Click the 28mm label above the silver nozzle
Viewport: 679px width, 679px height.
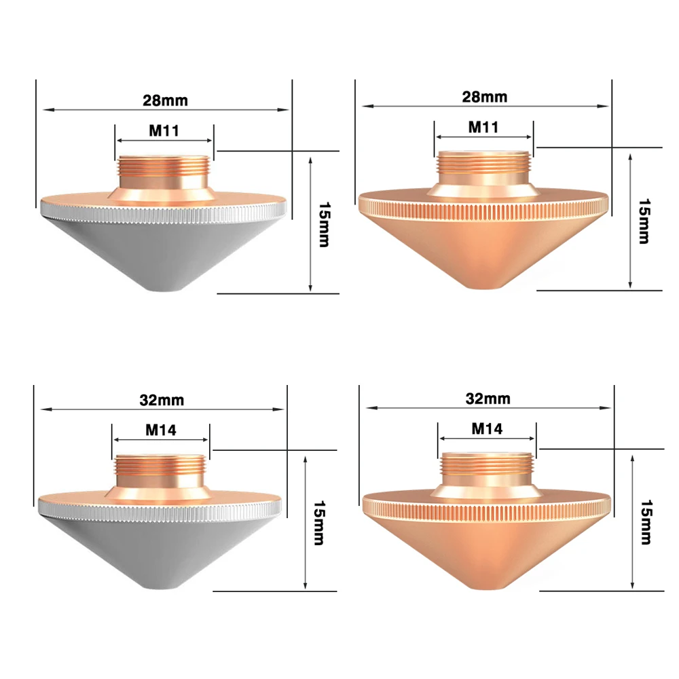[x=166, y=100]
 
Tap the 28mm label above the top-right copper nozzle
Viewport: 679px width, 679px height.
[x=485, y=96]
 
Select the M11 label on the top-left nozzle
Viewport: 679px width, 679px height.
[x=164, y=130]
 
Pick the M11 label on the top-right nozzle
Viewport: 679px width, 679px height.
[x=483, y=127]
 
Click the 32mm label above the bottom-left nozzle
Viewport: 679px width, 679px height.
[x=162, y=400]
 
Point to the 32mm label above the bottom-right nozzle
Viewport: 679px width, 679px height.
[x=488, y=399]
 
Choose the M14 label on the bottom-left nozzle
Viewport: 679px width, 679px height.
[x=161, y=430]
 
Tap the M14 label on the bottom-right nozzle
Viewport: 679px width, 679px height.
[x=487, y=428]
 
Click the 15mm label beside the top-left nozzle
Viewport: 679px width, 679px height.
[x=325, y=224]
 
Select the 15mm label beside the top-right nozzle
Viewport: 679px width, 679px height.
[x=644, y=221]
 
